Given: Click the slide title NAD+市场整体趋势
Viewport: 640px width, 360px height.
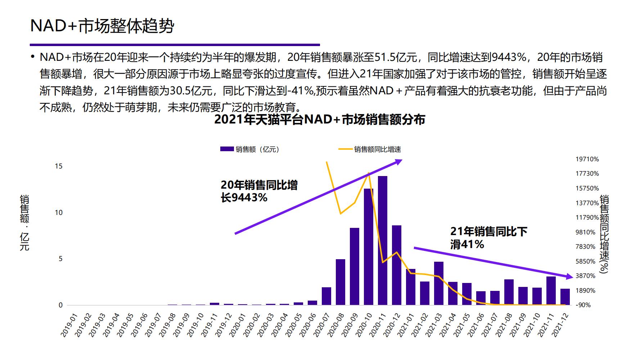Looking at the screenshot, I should [x=102, y=26].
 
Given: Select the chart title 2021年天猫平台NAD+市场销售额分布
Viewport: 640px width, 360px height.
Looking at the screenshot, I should [x=319, y=120].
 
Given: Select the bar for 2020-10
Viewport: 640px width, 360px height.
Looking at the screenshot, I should [x=369, y=247].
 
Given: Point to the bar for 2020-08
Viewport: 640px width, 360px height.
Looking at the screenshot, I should [x=341, y=282].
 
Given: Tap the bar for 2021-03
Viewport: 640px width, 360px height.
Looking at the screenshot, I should [x=439, y=283].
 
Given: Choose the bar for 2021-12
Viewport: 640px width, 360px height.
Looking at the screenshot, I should [x=565, y=297].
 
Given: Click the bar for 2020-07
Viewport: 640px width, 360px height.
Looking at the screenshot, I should [x=326, y=296].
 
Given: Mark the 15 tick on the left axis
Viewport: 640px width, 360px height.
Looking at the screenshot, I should [x=59, y=166].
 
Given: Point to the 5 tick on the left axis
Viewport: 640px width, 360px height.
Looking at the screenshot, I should [x=60, y=259].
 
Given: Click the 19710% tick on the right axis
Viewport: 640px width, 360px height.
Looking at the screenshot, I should [x=587, y=159].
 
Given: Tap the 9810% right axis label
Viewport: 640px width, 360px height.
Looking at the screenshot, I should [x=586, y=232].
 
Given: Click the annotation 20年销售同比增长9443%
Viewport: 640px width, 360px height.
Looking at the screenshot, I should [x=259, y=191].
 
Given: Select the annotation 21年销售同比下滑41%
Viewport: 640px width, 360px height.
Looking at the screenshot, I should [x=488, y=238].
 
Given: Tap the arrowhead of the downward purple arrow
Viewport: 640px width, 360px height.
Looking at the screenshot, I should [x=569, y=276].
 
